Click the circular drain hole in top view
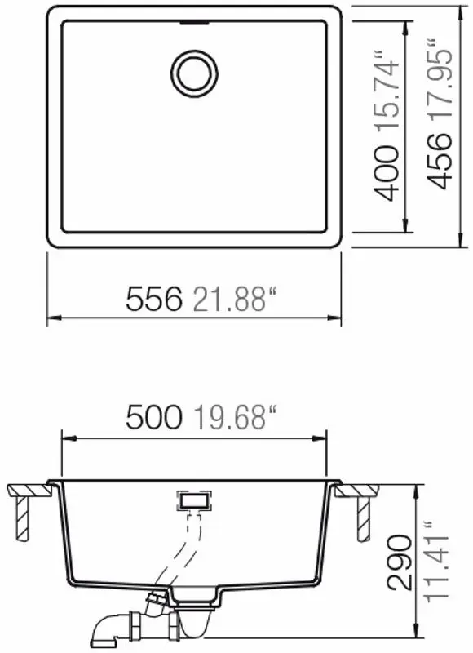tap(193, 71)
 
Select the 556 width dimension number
tap(153, 300)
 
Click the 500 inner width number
tap(153, 419)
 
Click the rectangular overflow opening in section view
tap(194, 498)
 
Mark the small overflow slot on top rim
tap(193, 24)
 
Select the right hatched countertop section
tap(359, 491)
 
